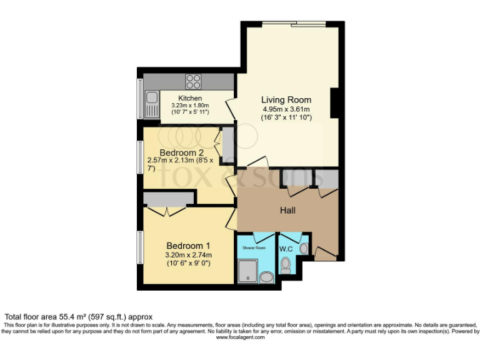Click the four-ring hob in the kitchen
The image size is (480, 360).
(x=193, y=81)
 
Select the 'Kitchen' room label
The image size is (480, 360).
(x=190, y=99)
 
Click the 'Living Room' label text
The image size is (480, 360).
(x=286, y=100)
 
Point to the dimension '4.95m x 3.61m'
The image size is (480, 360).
(x=286, y=109)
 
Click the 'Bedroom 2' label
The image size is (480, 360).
(x=181, y=152)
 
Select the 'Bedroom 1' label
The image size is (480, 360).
(x=188, y=245)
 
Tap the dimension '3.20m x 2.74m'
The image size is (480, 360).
(x=188, y=254)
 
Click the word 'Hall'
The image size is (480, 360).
(x=287, y=211)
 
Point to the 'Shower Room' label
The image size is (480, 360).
(x=253, y=247)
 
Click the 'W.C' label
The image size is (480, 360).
(x=286, y=249)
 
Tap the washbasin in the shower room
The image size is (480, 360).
(x=267, y=277)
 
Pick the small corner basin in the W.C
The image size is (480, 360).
(x=304, y=248)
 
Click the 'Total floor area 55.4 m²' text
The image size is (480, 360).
(x=79, y=317)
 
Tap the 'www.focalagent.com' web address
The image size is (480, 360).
(x=240, y=337)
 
